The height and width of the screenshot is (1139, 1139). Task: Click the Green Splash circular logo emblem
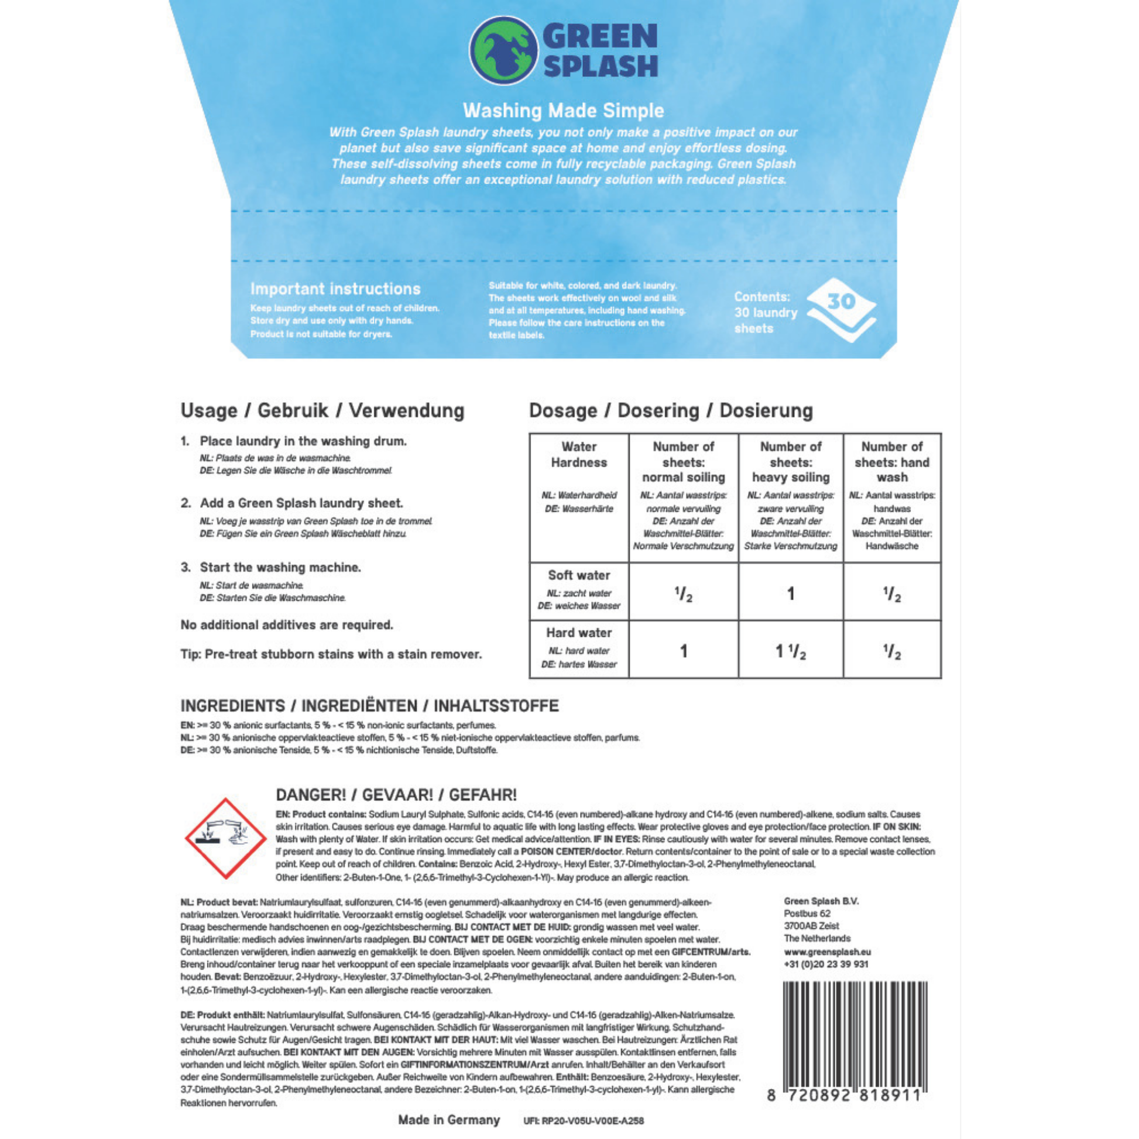click(503, 51)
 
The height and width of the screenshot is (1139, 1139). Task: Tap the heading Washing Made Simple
click(563, 110)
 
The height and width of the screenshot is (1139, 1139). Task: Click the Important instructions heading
click(335, 289)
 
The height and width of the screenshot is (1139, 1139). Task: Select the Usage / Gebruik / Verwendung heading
click(322, 410)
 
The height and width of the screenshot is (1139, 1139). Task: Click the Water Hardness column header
click(579, 455)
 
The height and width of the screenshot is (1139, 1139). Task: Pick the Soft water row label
click(579, 575)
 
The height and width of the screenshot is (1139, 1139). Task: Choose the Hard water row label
click(579, 633)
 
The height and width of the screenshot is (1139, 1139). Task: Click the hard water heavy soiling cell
click(791, 651)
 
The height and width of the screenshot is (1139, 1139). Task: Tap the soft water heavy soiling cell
click(791, 593)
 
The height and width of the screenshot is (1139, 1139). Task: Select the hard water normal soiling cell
click(683, 651)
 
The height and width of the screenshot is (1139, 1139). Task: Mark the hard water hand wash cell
click(892, 651)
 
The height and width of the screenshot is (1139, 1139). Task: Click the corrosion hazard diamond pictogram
click(226, 838)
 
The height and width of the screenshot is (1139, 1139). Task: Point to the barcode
click(855, 1042)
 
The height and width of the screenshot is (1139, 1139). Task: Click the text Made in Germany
click(449, 1120)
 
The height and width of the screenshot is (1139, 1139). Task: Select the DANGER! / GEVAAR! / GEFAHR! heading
click(396, 795)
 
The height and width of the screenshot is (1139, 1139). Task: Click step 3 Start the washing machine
click(280, 567)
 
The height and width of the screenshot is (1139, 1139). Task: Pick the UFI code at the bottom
click(583, 1121)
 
